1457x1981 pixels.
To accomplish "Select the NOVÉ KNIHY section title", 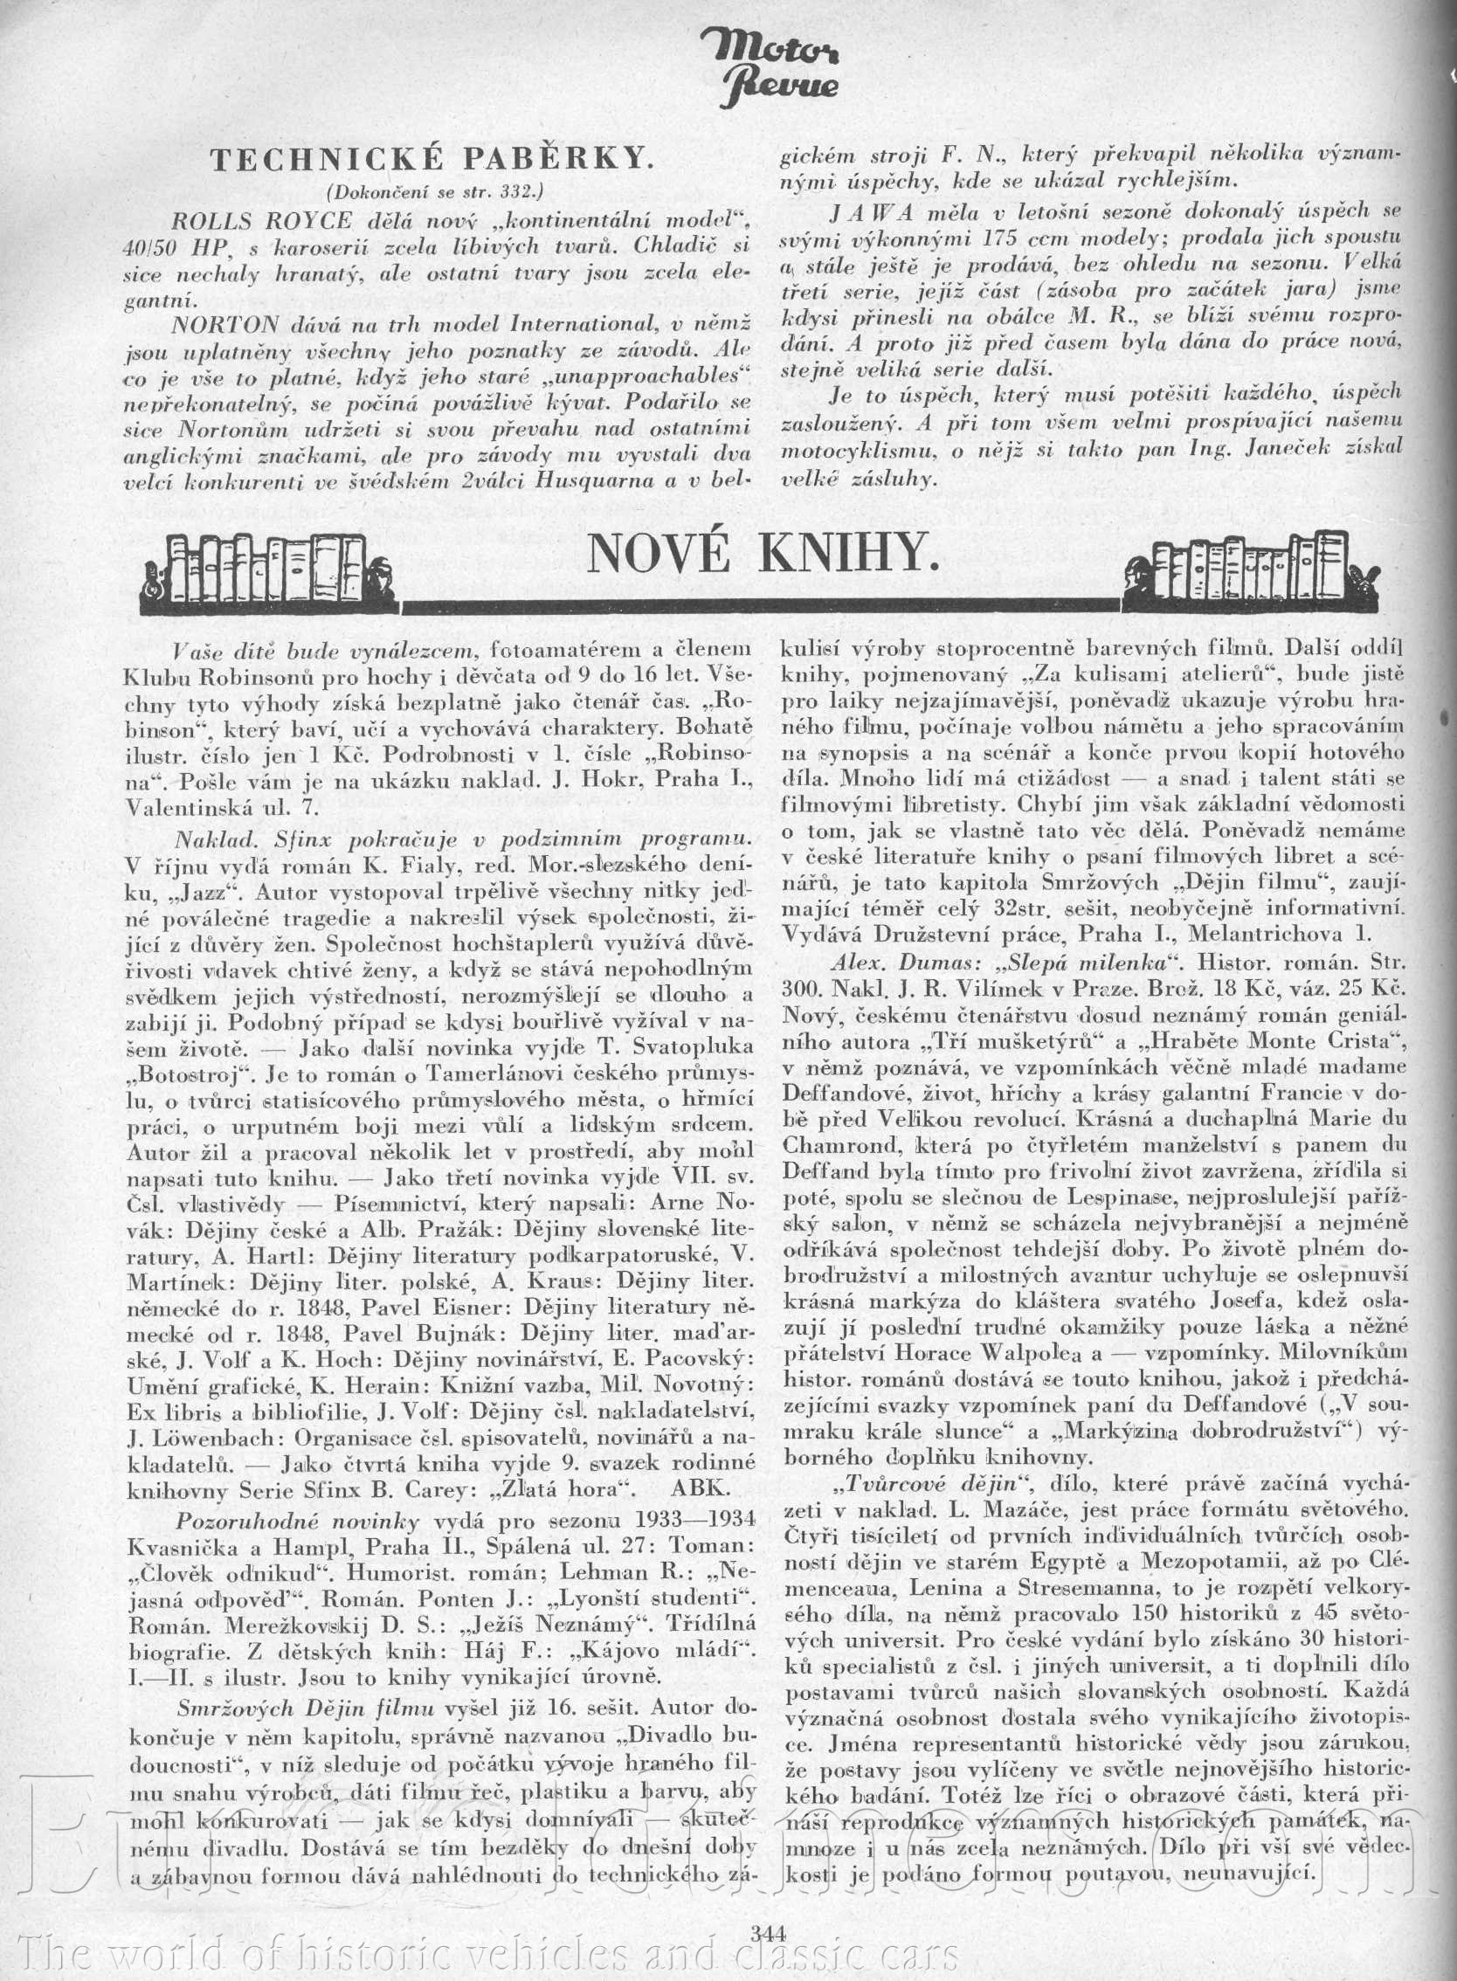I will [762, 553].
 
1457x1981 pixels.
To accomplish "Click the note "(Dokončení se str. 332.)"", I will [435, 190].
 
